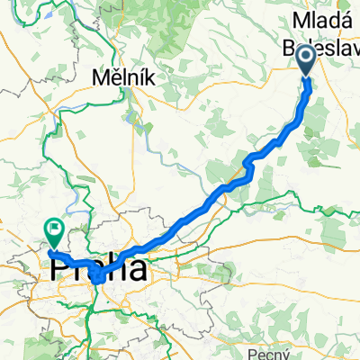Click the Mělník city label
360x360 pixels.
click(x=124, y=79)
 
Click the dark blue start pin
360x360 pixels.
click(x=306, y=61)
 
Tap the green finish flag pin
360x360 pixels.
click(x=54, y=235)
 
